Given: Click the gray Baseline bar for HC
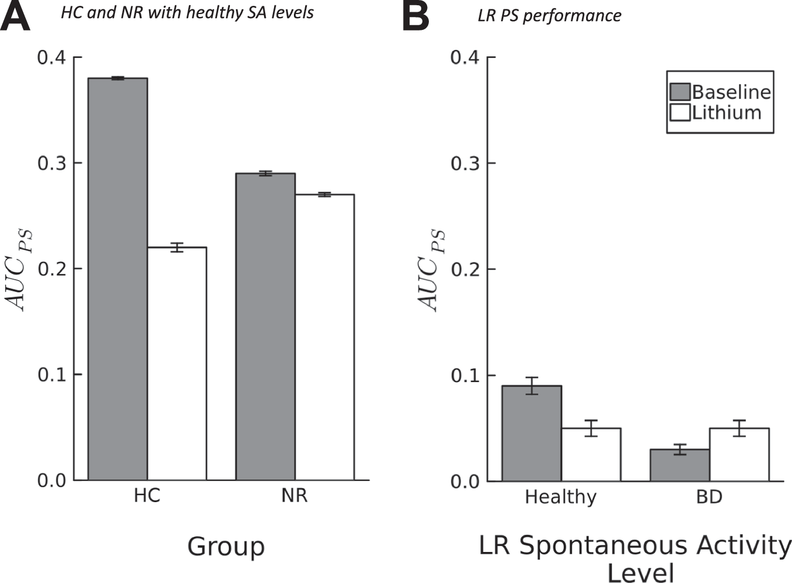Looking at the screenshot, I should [117, 279].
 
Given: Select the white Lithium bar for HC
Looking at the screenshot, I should [177, 363].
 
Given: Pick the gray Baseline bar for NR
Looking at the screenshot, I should [265, 326].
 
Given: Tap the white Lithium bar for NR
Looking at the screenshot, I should [324, 337].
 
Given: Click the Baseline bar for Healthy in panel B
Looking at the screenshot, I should [532, 433].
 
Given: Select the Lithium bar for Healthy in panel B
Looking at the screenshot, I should [591, 454].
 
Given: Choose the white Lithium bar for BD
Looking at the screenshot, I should [739, 454].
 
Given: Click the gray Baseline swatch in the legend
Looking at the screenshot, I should [680, 91].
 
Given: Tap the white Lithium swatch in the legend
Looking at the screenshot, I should [680, 112].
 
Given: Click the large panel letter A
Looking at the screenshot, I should [15, 17].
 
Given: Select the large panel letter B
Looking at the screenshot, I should [416, 17].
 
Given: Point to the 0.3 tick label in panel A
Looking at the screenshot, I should [52, 163].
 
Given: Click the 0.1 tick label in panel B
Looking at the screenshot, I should [465, 375].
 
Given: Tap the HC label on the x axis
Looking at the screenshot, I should [147, 496].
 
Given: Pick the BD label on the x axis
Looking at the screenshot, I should [709, 497].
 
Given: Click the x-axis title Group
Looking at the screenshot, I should [226, 546].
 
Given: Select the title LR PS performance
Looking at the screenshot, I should [549, 15].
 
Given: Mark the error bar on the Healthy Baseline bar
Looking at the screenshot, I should [532, 386].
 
